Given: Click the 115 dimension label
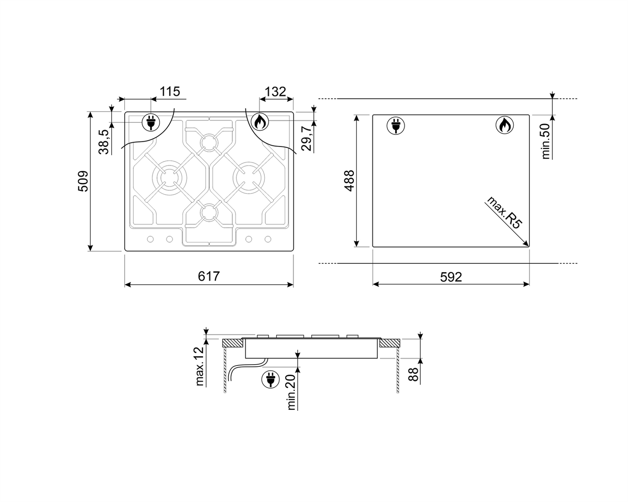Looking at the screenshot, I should coord(169,92).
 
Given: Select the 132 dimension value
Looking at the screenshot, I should coord(275,92).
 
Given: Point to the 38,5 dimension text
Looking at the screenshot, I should coord(103,142).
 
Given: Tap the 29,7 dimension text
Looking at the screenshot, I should coord(306,138).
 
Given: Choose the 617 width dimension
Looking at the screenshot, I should coord(209,276).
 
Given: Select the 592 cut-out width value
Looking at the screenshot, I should coord(451,276).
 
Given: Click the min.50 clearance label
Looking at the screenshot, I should coord(546,141).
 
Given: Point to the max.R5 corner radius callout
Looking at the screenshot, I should coord(504,213).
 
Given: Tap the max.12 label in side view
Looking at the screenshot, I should coord(199,366).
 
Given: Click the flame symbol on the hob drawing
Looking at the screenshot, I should coord(260,122).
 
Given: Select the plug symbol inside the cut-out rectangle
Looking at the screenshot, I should coord(395,126).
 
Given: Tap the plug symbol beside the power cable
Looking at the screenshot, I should coord(270,379).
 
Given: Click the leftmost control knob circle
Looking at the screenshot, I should coord(150,239).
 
